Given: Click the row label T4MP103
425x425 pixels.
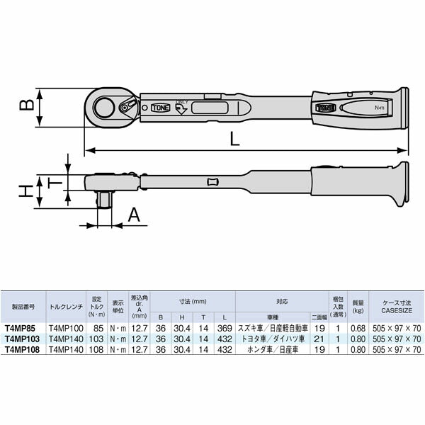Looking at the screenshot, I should coord(22,339).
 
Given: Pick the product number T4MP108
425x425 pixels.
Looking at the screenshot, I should coord(22,349).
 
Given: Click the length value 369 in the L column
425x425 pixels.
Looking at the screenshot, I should coord(224,329).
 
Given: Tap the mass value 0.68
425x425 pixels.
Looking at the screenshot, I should coord(358,329).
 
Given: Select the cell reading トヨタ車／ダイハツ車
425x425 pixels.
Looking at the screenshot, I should coord(272,339).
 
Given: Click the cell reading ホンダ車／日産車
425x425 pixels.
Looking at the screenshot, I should coord(272,349).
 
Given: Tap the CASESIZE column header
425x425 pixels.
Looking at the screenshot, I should coord(397,307).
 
